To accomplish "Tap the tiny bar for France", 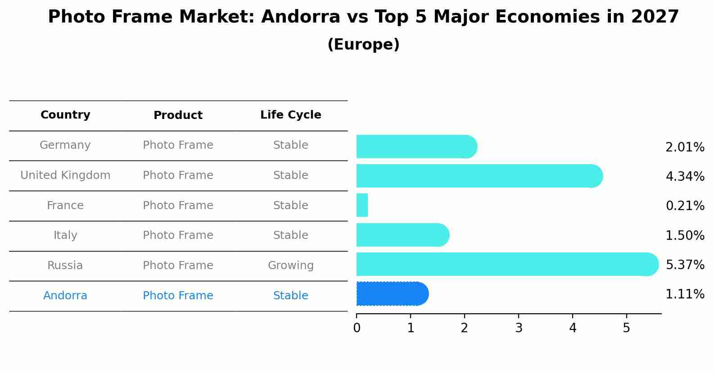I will click(x=362, y=205).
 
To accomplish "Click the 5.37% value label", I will click(x=685, y=265).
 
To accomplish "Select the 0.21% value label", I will click(x=685, y=206).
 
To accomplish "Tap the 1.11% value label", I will click(x=685, y=294).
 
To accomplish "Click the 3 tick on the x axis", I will click(x=519, y=328).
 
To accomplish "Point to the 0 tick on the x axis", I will click(x=357, y=328).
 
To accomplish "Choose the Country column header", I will click(x=65, y=115).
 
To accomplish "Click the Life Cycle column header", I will click(x=290, y=115).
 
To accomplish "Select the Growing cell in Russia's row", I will click(x=290, y=266).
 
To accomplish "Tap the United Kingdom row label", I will click(x=65, y=175).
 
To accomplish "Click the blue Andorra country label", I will click(x=65, y=296).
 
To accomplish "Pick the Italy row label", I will click(x=65, y=235).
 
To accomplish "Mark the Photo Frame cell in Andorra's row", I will click(x=178, y=296).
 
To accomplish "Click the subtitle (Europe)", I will click(x=363, y=45).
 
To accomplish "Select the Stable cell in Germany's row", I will click(x=290, y=145).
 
